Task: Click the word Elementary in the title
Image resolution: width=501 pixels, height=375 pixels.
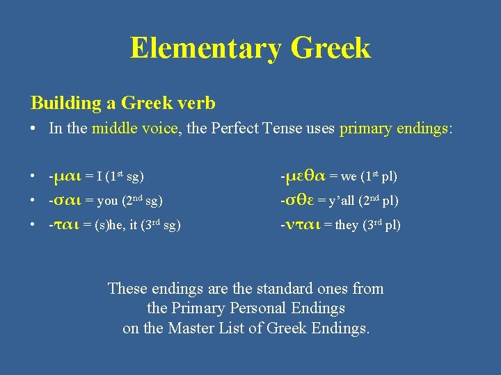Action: pos(206,48)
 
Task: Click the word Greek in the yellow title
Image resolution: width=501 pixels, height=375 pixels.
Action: pos(331,48)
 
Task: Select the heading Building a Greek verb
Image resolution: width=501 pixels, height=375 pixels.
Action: pos(123,103)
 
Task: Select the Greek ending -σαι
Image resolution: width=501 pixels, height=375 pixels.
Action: pos(63,201)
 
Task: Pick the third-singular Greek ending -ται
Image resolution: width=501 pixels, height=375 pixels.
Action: pos(63,224)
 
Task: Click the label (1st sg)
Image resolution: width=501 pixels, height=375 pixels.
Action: pos(123,178)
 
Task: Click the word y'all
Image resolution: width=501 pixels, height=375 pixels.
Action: pos(340,201)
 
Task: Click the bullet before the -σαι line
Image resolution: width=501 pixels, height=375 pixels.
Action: pos(34,201)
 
